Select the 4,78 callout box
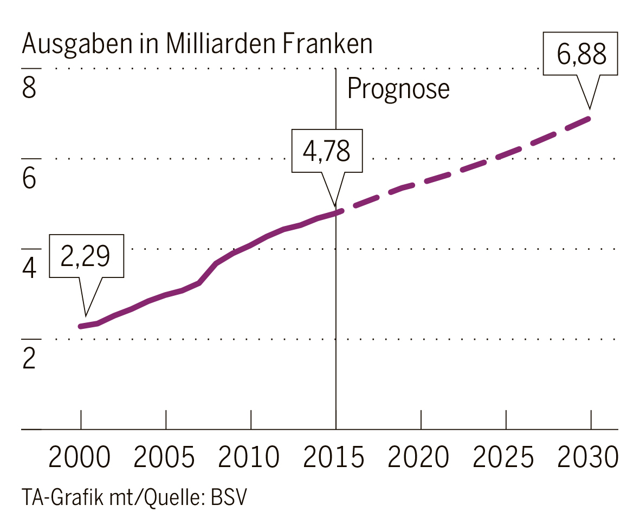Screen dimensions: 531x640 [x=327, y=151]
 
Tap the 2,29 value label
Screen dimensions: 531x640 [x=86, y=256]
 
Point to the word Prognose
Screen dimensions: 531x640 [x=398, y=88]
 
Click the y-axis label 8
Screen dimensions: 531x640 [x=29, y=88]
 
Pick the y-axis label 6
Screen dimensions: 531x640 [x=29, y=178]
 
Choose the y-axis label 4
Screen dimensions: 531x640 [x=29, y=268]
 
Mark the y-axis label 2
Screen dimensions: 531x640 [x=29, y=358]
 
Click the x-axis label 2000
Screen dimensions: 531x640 [x=80, y=457]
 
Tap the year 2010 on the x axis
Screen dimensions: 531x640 [x=249, y=457]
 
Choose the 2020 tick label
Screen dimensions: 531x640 [x=419, y=457]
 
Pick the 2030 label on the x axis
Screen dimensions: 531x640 [x=589, y=457]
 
